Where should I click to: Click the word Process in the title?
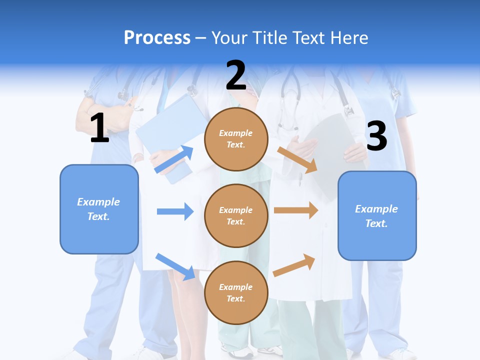point(157,38)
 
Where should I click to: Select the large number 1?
point(99,128)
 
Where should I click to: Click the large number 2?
point(236,75)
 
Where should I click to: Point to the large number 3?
point(376,136)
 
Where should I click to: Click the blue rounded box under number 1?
point(99,209)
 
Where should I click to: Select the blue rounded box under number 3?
point(377,216)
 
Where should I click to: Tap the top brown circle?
point(236,139)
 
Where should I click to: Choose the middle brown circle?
point(236,215)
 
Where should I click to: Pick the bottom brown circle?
point(236,292)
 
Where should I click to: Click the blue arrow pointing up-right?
point(174,159)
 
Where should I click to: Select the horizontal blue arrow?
point(175,211)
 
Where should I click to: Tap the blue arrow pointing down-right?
point(175,266)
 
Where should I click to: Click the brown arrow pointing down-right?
point(297,159)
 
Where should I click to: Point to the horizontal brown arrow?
point(296,210)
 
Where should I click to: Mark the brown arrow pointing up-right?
point(294,265)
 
